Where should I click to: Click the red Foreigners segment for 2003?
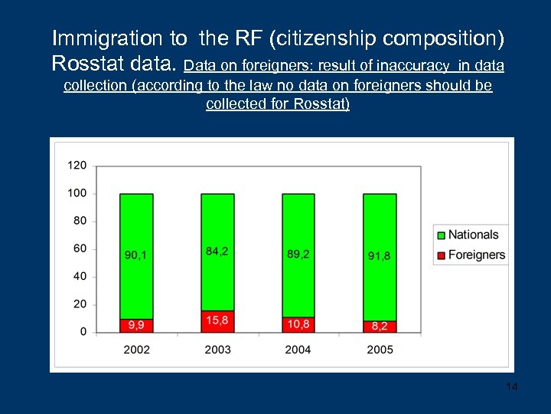click(217, 321)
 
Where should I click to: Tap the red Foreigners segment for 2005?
click(380, 327)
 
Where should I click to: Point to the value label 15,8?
click(217, 320)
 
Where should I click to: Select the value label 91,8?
click(380, 255)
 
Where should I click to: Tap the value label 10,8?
click(298, 324)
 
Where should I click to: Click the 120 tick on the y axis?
click(77, 166)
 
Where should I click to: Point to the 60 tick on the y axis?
click(80, 248)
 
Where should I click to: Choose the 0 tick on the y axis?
click(83, 332)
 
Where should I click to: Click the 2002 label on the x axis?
click(136, 350)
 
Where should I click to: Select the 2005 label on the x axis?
click(380, 350)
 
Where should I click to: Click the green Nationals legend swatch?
click(440, 235)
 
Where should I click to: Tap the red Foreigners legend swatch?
click(440, 255)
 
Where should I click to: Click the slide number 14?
click(512, 386)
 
